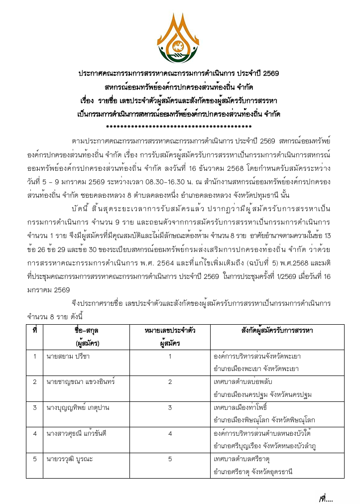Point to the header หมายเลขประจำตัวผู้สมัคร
(x=170, y=337)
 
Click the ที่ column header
(x=34, y=331)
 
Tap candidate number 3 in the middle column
(x=170, y=408)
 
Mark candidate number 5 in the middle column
(x=170, y=459)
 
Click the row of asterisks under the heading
(x=179, y=127)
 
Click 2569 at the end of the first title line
(x=270, y=73)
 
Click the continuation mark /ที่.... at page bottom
(x=326, y=496)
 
